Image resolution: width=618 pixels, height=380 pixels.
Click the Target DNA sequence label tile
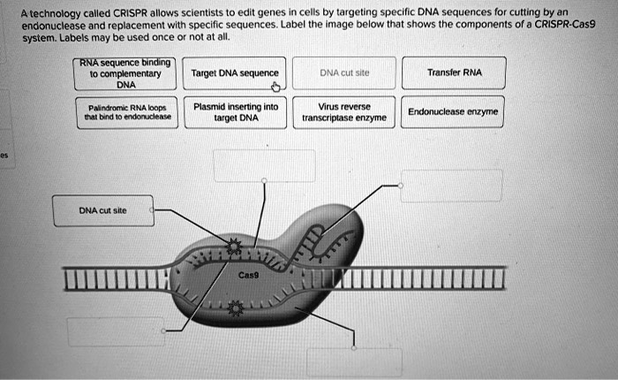click(x=235, y=73)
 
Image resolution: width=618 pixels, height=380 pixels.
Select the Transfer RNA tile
click(x=454, y=73)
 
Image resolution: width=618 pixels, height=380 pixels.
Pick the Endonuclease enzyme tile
click(x=454, y=112)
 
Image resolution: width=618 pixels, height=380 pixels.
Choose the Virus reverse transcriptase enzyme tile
click(x=344, y=111)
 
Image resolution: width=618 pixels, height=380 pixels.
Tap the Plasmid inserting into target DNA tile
click(x=236, y=111)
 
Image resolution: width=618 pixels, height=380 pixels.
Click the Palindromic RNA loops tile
click(x=126, y=112)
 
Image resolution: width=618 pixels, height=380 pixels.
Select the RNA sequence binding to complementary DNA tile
click(x=126, y=73)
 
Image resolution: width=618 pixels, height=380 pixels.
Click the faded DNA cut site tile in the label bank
click(x=344, y=73)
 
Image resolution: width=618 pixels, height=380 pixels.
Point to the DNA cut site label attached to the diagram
click(x=102, y=211)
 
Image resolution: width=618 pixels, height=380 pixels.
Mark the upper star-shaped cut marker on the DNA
click(x=233, y=247)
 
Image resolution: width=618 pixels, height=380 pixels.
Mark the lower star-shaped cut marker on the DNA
click(x=235, y=308)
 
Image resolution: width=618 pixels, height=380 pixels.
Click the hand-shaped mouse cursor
click(x=275, y=87)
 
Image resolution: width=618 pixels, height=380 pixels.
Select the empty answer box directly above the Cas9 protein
click(x=264, y=166)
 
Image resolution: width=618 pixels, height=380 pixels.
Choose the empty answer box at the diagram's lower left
click(x=104, y=331)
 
